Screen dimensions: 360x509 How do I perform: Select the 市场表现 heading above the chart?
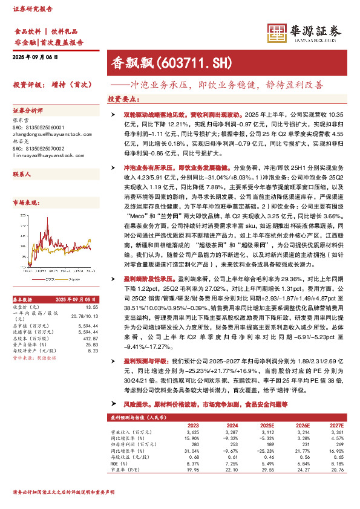tap(25, 204)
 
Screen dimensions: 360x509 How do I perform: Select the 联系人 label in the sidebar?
tap(22, 173)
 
